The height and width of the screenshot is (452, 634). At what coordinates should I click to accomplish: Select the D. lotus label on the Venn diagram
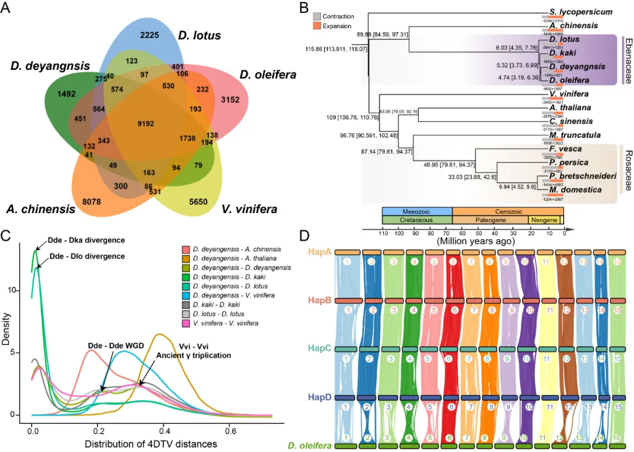pyautogui.click(x=200, y=36)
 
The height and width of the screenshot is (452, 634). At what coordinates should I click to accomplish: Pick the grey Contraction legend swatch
pyautogui.click(x=317, y=16)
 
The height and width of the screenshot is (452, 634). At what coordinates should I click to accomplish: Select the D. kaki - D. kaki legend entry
pyautogui.click(x=223, y=303)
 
